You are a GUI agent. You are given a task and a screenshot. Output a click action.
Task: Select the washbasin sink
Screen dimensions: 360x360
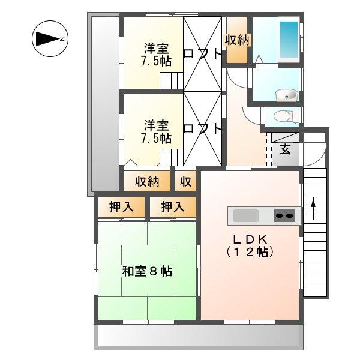285,94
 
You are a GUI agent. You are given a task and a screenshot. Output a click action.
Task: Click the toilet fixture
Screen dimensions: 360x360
281,116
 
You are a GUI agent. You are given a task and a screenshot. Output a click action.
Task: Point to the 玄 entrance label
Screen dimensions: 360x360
286,149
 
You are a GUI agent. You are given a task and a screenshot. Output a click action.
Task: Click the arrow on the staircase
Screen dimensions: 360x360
313,208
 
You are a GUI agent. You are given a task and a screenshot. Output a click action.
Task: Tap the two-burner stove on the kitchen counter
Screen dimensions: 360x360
285,215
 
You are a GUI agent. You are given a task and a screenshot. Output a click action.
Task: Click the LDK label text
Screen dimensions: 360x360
250,238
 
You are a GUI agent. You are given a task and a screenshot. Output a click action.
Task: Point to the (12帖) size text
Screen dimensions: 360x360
250,252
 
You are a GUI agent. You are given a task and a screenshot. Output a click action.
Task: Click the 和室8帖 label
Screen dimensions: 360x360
147,271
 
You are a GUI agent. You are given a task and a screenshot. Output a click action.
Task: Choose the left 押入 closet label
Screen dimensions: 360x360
121,207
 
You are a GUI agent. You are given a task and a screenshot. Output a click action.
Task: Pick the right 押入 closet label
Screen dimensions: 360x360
172,207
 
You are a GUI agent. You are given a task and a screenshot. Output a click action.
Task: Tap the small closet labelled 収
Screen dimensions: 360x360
186,181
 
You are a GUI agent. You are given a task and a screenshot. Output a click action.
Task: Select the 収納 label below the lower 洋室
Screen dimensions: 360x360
146,181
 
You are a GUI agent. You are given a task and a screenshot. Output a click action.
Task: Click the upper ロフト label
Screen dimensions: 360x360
203,53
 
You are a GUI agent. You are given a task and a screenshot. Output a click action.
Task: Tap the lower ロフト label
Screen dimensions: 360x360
203,128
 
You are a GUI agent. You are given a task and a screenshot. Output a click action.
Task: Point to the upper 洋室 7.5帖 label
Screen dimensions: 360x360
155,54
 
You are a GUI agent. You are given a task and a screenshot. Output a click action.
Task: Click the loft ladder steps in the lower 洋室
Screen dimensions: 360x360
170,158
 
